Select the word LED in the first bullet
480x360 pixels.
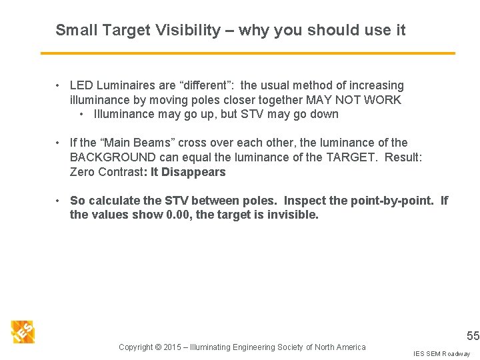[x=81, y=85]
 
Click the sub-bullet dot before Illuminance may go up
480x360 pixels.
[x=82, y=114]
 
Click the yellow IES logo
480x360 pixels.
[x=23, y=331]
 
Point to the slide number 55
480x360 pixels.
[x=473, y=336]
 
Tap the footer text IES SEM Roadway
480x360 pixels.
[x=441, y=353]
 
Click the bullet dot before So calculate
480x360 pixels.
[x=59, y=201]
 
